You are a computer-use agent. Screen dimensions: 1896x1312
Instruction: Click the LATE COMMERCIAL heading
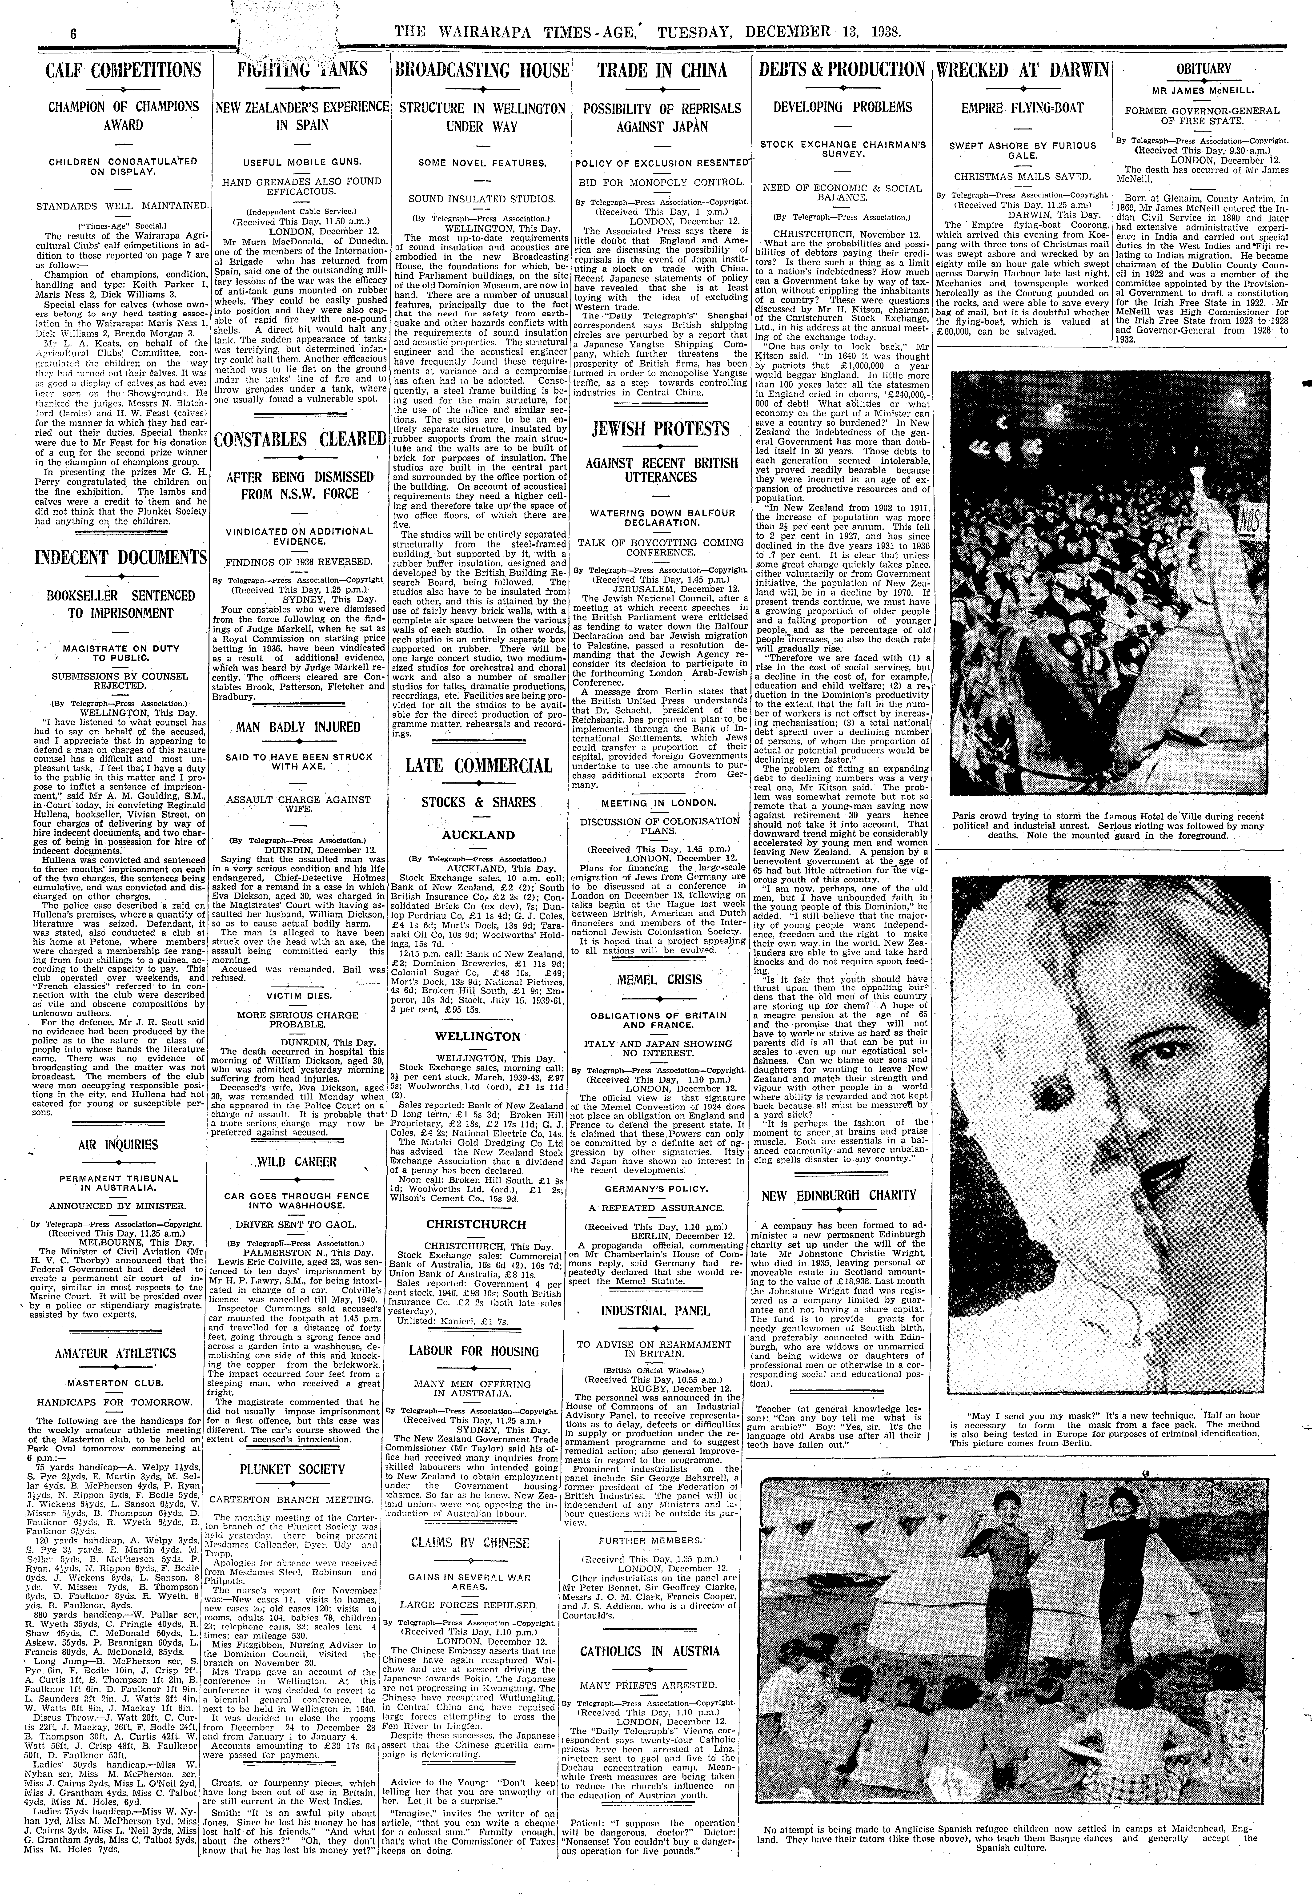click(x=479, y=765)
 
